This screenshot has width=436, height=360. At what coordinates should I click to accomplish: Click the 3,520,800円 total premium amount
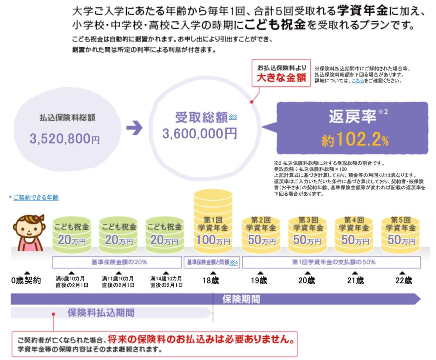pos(65,138)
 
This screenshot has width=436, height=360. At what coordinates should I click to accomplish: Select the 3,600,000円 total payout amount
pos(199,134)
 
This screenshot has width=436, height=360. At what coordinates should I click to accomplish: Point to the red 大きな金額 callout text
pos(281,78)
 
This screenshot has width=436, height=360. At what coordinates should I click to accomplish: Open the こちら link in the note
pos(358,80)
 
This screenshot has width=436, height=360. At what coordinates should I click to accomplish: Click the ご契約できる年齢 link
pos(36,197)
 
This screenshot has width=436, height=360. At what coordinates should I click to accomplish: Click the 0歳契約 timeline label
pos(26,281)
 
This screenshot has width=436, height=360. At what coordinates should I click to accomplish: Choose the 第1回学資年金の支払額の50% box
pos(331,262)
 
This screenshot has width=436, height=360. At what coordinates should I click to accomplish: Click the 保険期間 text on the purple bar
pos(241,299)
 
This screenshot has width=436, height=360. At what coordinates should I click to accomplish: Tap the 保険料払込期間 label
pos(101,313)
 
